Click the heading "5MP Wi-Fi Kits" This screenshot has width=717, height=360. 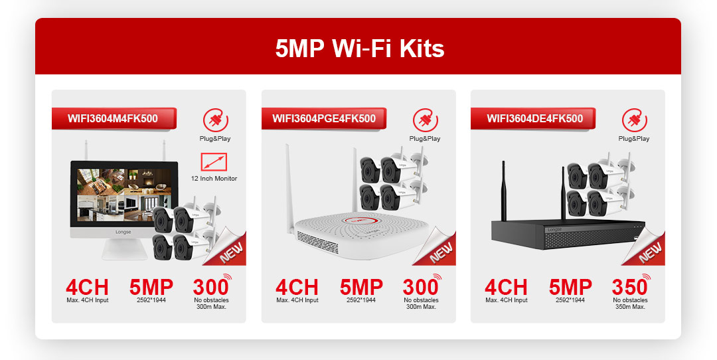pyautogui.click(x=359, y=48)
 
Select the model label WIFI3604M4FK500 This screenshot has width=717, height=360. pyautogui.click(x=112, y=118)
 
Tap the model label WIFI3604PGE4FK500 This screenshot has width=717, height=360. pyautogui.click(x=324, y=118)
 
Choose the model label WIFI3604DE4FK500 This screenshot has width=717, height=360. pyautogui.click(x=534, y=118)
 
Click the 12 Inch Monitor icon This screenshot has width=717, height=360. pyautogui.click(x=214, y=162)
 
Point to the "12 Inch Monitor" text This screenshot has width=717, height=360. pyautogui.click(x=214, y=179)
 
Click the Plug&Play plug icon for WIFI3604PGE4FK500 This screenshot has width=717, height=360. pyautogui.click(x=426, y=120)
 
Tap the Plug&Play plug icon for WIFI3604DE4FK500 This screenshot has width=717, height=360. pyautogui.click(x=634, y=120)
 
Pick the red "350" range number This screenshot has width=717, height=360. pyautogui.click(x=629, y=287)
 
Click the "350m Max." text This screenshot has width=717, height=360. pyautogui.click(x=630, y=307)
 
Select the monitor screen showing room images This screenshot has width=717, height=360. pyautogui.click(x=123, y=195)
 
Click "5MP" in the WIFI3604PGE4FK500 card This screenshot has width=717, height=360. pyautogui.click(x=360, y=287)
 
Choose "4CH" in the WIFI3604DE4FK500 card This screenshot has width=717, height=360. pyautogui.click(x=506, y=287)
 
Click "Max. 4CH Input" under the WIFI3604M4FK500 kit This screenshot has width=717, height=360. pyautogui.click(x=88, y=300)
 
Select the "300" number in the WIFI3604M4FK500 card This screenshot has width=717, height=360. pyautogui.click(x=210, y=287)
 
